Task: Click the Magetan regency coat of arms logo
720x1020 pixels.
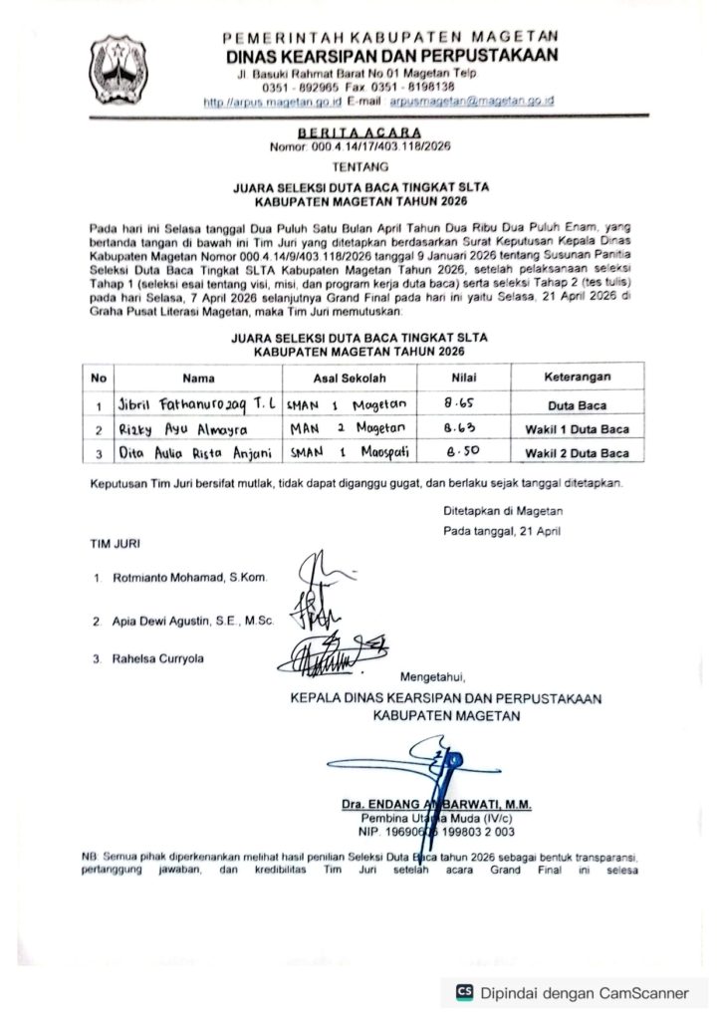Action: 120,71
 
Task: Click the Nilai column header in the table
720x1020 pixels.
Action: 454,378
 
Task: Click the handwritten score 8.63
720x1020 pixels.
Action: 456,429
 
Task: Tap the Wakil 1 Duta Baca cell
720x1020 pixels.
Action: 577,430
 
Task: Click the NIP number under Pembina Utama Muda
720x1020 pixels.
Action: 431,831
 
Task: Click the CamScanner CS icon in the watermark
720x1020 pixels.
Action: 464,992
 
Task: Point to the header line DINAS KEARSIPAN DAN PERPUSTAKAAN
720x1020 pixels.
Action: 391,55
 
